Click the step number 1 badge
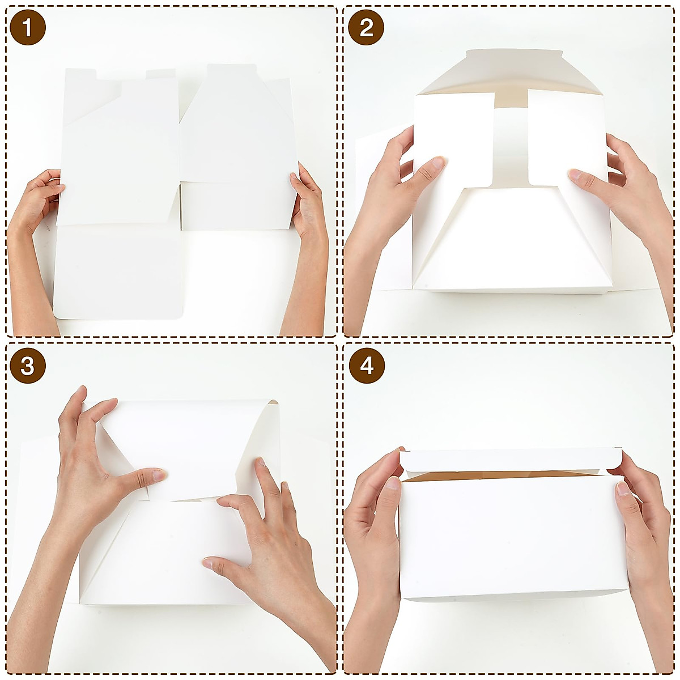click(x=27, y=27)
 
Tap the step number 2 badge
click(x=366, y=27)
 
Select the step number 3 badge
click(x=27, y=366)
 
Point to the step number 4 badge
click(x=366, y=366)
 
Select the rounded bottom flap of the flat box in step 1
click(x=119, y=272)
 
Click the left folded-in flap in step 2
click(x=453, y=136)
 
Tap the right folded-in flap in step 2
click(x=567, y=136)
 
